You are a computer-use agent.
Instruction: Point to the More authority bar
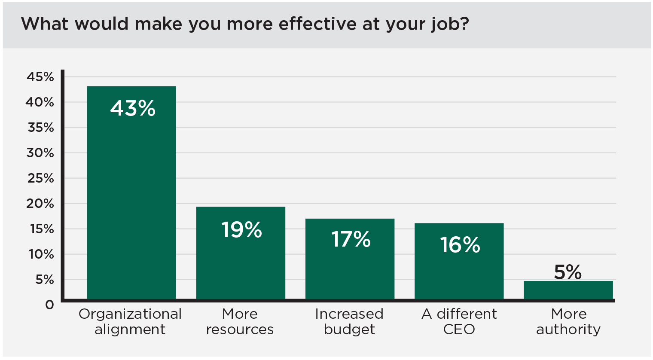pyautogui.click(x=568, y=290)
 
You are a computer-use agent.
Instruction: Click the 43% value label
pyautogui.click(x=133, y=108)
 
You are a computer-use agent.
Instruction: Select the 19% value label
pyautogui.click(x=241, y=230)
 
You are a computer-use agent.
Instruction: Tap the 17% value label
pyautogui.click(x=351, y=239)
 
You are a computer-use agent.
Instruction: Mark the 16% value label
pyautogui.click(x=460, y=245)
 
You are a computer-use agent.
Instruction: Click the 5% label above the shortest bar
pyautogui.click(x=568, y=272)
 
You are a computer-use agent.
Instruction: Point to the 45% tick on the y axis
pyautogui.click(x=40, y=77)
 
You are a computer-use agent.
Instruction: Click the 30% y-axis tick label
pyautogui.click(x=40, y=153)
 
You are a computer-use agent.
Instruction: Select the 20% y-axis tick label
pyautogui.click(x=40, y=204)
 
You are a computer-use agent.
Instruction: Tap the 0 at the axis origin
pyautogui.click(x=50, y=305)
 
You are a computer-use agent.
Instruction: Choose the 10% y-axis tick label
pyautogui.click(x=41, y=254)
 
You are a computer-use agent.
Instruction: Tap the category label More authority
pyautogui.click(x=568, y=321)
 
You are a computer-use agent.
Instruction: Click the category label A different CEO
pyautogui.click(x=459, y=321)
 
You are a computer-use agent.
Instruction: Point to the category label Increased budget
pyautogui.click(x=349, y=321)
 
